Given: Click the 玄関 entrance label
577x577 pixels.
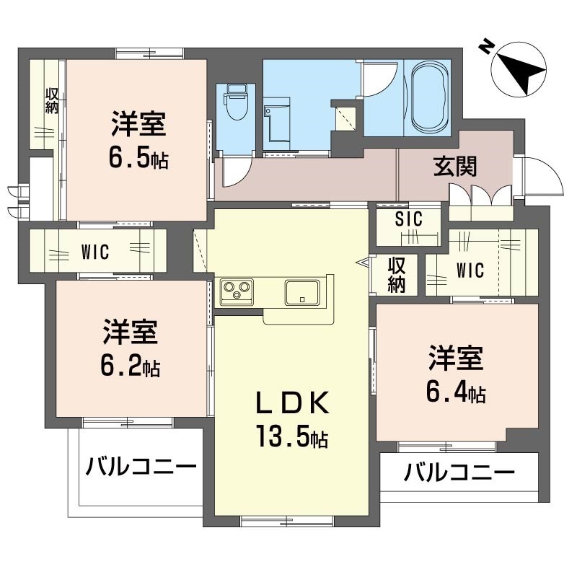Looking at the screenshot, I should coord(454,167).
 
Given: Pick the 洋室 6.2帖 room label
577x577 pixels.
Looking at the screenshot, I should coord(130,348).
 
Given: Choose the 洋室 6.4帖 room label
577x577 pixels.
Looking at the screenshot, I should coord(455,373).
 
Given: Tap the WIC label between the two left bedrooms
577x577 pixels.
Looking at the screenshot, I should coord(94,252).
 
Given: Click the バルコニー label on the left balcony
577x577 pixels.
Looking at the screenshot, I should coord(141,467).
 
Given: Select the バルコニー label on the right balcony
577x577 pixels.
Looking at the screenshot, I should coord(459,473).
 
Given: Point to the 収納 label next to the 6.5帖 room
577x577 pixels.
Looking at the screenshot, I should coord(52,100).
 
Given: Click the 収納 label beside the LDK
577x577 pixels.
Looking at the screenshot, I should coord(396,275).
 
